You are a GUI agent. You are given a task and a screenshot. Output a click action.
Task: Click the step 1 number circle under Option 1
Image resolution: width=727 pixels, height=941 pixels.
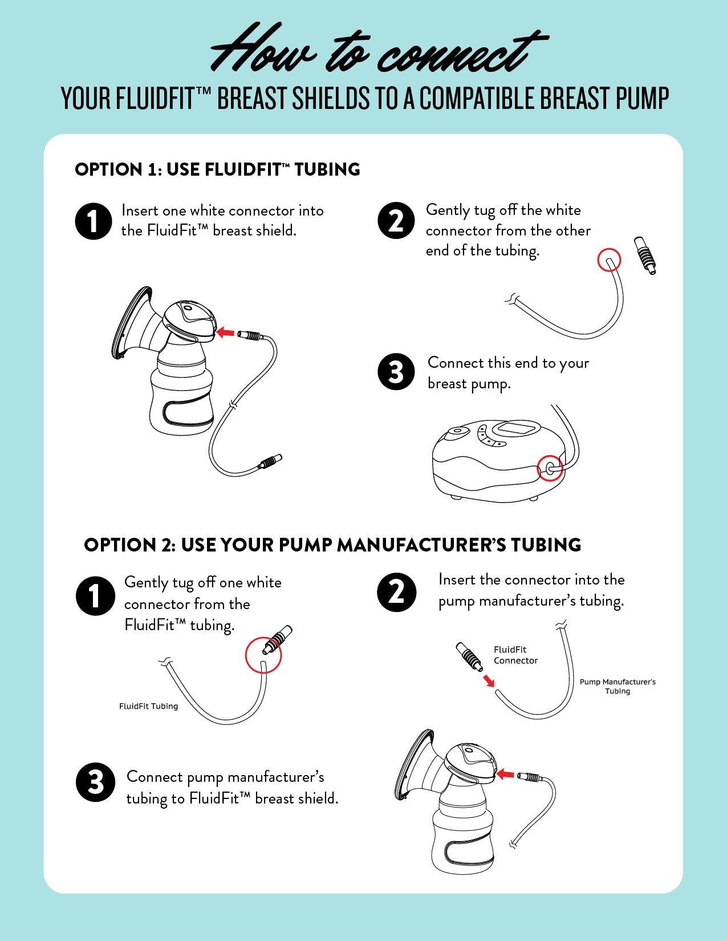[x=93, y=221]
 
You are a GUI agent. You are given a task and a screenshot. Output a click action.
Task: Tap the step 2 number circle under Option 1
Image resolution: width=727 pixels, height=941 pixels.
[x=396, y=221]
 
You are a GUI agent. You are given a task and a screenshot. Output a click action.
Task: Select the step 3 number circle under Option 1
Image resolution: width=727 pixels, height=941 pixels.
[x=396, y=372]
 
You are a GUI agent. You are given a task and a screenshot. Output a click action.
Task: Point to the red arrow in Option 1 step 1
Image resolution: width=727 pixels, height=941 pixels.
[x=226, y=331]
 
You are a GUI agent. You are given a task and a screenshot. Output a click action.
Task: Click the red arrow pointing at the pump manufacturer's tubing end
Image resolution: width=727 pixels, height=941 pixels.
[x=488, y=680]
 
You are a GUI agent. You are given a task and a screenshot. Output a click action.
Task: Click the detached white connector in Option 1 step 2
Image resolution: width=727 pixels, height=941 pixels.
[x=645, y=255]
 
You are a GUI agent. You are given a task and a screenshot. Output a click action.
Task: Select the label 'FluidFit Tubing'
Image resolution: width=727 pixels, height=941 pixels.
[x=148, y=706]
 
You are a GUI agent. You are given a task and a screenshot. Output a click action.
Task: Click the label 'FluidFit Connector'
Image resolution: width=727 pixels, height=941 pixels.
[x=515, y=655]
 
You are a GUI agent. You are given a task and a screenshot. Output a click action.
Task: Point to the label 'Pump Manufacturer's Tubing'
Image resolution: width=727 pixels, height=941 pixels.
[x=618, y=686]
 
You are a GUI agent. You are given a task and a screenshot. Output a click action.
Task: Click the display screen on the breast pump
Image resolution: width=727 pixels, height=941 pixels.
[x=517, y=429]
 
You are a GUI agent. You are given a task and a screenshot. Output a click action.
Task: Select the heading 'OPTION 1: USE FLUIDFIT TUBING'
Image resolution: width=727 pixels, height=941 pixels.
[x=217, y=169]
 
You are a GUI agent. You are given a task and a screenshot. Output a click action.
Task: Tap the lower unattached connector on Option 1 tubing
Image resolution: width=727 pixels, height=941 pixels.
[x=270, y=461]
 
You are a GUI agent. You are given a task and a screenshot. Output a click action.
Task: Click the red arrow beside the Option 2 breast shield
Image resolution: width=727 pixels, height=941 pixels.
[x=505, y=774]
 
